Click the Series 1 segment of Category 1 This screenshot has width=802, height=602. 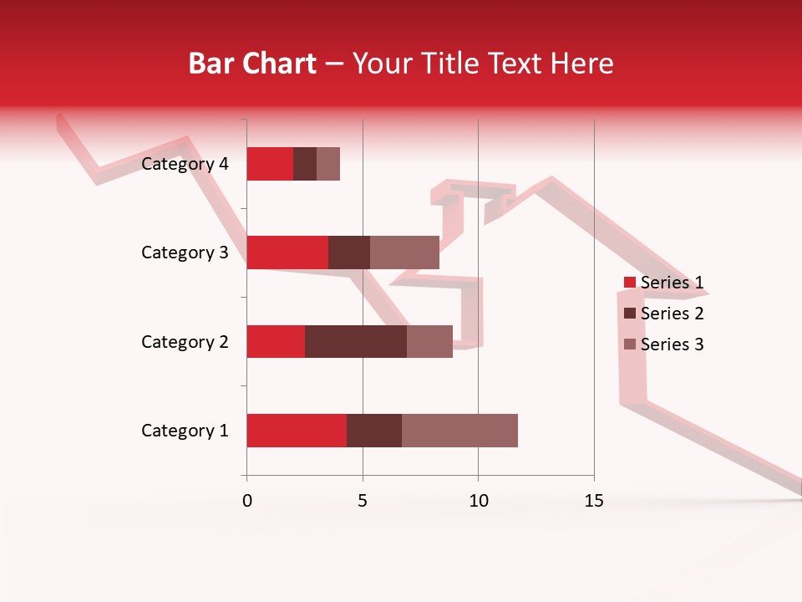297,431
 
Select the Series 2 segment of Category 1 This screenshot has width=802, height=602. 374,431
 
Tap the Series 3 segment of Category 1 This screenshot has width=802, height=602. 459,431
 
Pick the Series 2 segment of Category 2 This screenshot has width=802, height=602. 356,341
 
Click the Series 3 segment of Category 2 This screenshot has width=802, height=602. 429,341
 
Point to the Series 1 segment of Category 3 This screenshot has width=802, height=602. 287,253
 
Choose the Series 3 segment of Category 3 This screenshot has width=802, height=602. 404,253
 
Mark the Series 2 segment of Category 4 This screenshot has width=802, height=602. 305,164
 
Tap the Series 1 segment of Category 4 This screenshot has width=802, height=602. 270,164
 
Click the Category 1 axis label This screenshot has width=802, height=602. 185,431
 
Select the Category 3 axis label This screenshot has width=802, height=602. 185,253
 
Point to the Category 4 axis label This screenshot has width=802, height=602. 185,164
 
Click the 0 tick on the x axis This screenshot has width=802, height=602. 246,501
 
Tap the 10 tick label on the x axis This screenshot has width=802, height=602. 478,501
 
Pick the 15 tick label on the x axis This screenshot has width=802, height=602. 594,501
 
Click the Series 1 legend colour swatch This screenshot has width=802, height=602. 630,283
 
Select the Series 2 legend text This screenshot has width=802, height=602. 672,314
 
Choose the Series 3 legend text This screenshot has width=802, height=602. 672,344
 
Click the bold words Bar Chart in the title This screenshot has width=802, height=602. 252,64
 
